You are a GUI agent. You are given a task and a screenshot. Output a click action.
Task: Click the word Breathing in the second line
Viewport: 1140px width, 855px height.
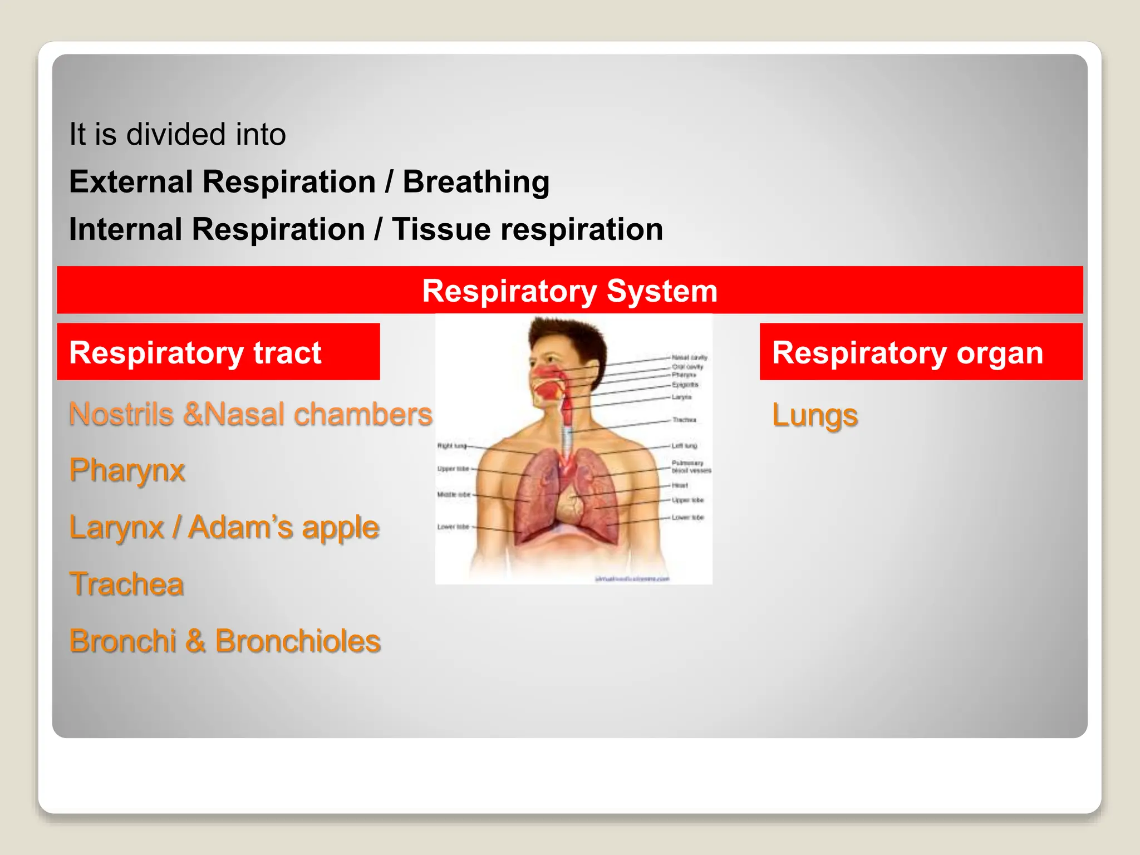click(x=476, y=183)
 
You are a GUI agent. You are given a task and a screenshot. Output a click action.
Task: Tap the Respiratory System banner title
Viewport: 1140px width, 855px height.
click(x=569, y=291)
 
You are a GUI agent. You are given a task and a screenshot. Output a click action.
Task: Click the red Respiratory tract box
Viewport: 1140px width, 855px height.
click(x=218, y=352)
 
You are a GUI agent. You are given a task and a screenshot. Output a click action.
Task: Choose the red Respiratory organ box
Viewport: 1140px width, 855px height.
click(x=921, y=352)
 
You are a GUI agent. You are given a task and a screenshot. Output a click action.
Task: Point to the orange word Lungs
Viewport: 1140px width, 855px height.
click(x=814, y=415)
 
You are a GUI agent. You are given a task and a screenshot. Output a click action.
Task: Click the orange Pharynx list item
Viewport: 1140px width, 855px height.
click(x=127, y=470)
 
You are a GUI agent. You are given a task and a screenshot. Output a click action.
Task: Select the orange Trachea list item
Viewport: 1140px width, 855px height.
click(x=126, y=584)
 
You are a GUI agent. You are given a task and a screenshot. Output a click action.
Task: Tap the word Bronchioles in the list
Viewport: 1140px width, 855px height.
click(x=298, y=641)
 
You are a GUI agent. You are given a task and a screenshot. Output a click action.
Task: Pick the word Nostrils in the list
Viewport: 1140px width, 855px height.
click(x=121, y=414)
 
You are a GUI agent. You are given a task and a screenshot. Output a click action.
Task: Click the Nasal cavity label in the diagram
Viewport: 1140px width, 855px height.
click(x=689, y=357)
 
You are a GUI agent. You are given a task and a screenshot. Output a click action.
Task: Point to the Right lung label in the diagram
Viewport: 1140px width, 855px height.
click(x=451, y=445)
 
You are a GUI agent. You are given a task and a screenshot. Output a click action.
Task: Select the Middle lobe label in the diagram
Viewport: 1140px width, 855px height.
click(x=454, y=494)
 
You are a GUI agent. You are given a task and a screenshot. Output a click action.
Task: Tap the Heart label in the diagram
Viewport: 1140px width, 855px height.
click(x=680, y=485)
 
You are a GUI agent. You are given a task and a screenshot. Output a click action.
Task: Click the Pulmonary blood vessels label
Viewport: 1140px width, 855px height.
click(x=691, y=466)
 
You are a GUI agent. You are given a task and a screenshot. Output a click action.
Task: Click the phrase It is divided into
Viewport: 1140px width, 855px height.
click(x=177, y=135)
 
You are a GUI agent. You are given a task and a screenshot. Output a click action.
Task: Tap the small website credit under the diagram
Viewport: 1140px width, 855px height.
click(x=632, y=579)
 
